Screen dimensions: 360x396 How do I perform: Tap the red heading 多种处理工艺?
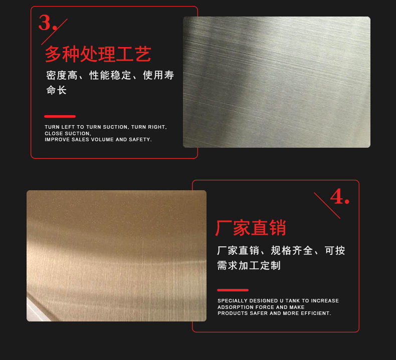click(x=98, y=54)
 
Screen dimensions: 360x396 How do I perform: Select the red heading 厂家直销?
click(x=251, y=228)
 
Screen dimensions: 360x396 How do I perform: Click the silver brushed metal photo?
click(x=276, y=82)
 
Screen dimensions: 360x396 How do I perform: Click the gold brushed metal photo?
click(x=116, y=255)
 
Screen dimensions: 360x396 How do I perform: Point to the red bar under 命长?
click(x=60, y=116)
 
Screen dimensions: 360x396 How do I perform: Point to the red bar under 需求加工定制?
click(x=233, y=290)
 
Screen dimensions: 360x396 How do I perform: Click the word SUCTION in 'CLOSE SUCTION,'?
click(x=78, y=134)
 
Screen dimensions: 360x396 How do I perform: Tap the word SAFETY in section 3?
click(x=141, y=140)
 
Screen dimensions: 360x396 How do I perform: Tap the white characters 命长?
click(x=56, y=91)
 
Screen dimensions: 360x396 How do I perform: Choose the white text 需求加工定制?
click(x=249, y=266)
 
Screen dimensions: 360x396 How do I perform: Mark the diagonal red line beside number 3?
click(x=54, y=32)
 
